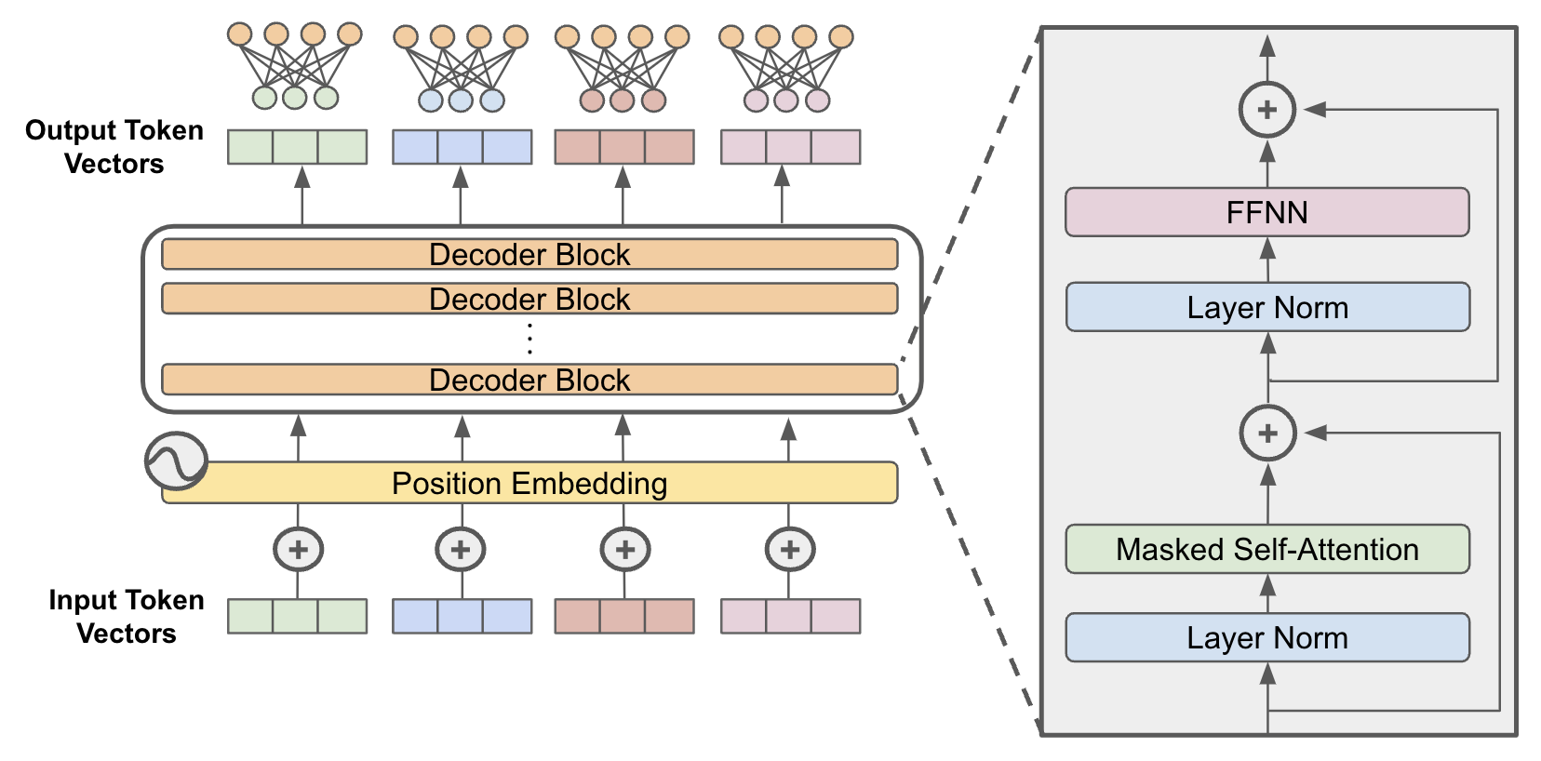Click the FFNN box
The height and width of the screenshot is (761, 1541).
click(x=1266, y=212)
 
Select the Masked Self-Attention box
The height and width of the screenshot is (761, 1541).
click(x=1266, y=549)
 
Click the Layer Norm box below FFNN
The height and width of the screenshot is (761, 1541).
click(x=1266, y=307)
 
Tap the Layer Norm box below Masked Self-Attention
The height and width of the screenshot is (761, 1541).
click(x=1266, y=637)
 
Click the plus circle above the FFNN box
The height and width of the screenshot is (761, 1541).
click(x=1266, y=110)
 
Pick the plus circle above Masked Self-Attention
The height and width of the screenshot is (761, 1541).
click(x=1267, y=433)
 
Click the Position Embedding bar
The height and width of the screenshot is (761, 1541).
click(x=529, y=483)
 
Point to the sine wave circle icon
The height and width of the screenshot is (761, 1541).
click(x=176, y=461)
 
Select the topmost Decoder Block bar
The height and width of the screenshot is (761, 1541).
click(x=529, y=254)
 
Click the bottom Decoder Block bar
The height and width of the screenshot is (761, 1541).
click(x=529, y=380)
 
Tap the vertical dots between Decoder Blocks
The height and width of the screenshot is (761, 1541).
click(x=529, y=339)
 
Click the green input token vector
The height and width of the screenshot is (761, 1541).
click(x=297, y=616)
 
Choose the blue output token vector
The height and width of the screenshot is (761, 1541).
click(x=462, y=147)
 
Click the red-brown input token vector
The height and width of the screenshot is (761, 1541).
click(x=623, y=616)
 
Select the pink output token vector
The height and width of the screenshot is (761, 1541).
click(x=790, y=147)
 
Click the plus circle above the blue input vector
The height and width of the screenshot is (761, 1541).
click(x=461, y=549)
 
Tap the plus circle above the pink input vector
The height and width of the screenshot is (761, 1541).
click(x=789, y=549)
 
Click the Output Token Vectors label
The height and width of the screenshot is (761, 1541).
click(x=114, y=147)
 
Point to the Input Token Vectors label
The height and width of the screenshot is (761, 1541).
click(x=126, y=617)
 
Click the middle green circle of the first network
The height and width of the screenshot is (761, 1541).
click(x=294, y=97)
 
